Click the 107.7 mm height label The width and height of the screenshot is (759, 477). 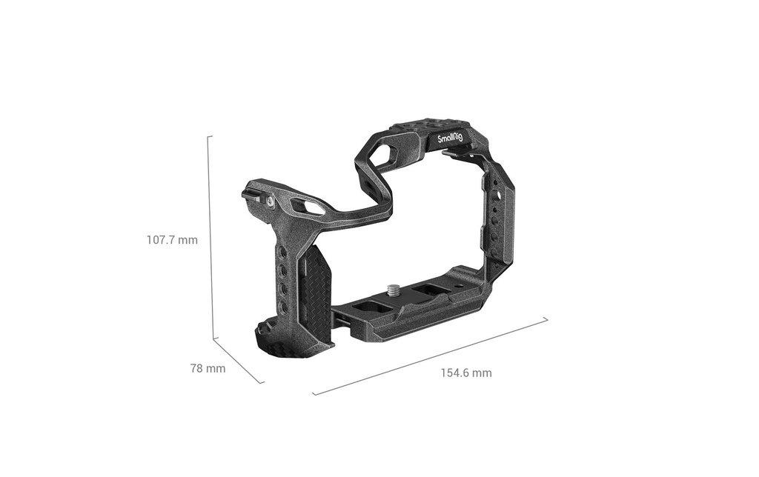point(172,239)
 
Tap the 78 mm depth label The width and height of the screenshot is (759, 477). point(208,369)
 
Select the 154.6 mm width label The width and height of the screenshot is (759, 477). point(466,373)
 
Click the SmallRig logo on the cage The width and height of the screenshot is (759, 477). point(450,139)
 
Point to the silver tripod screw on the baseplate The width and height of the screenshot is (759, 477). point(391,290)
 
